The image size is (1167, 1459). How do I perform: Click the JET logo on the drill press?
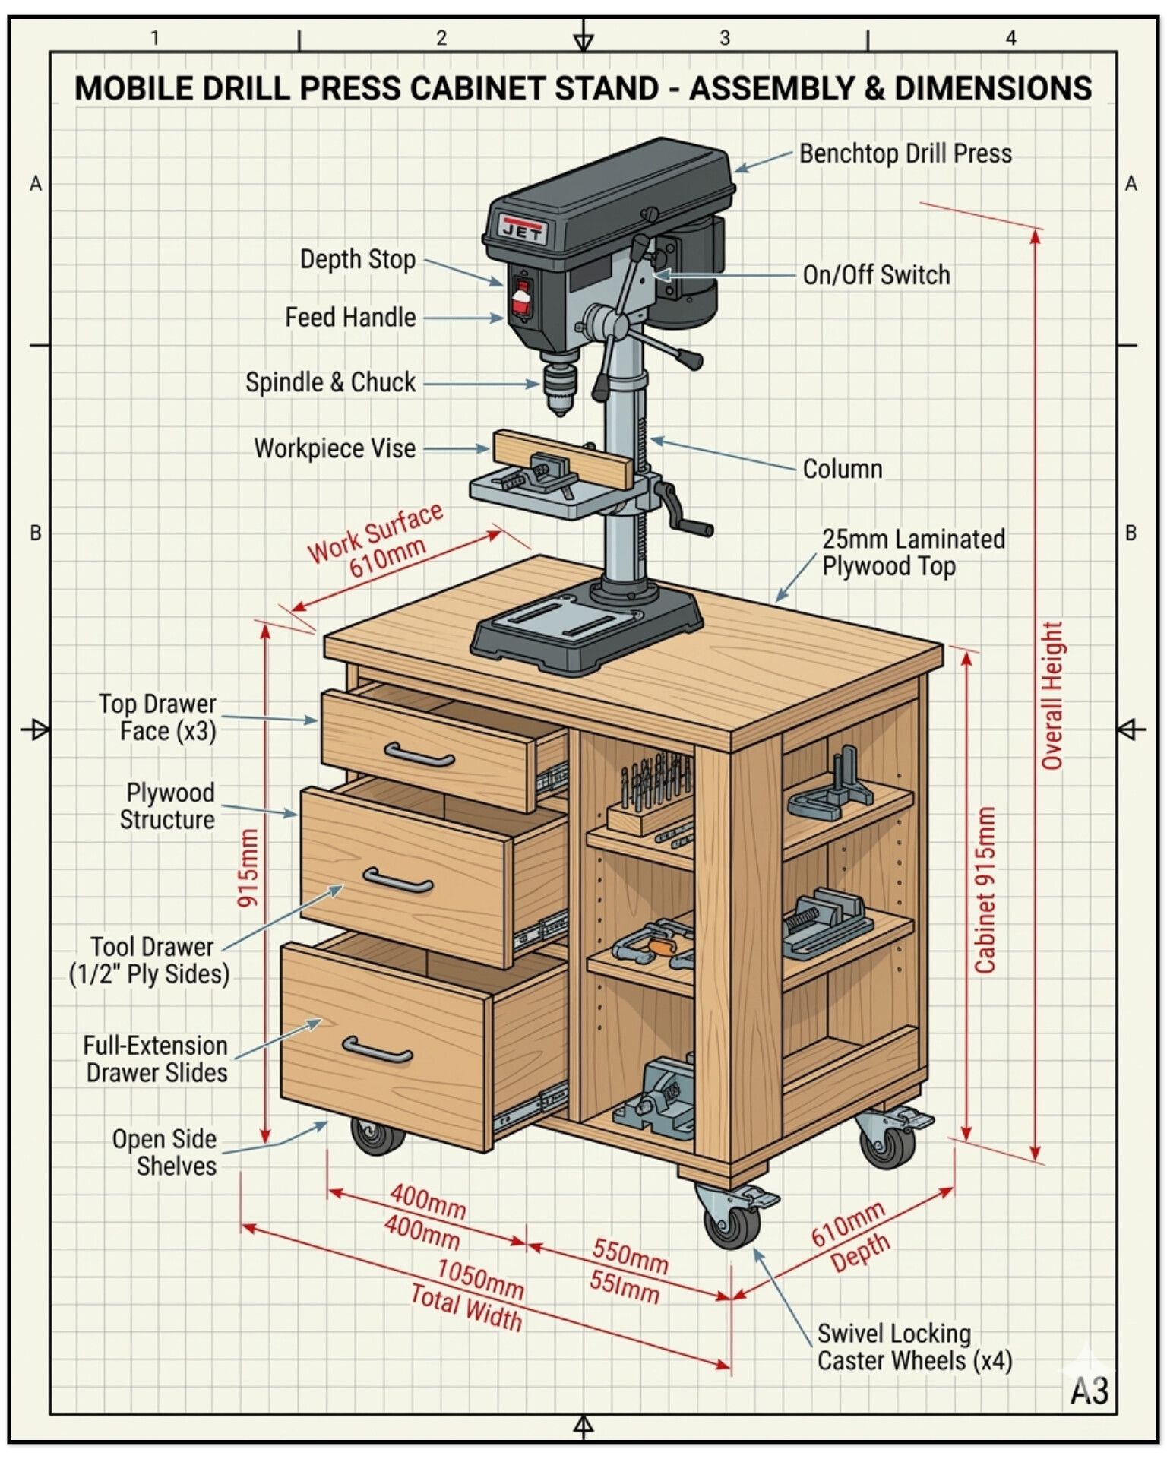(x=523, y=229)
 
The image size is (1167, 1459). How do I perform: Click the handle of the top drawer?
(x=419, y=755)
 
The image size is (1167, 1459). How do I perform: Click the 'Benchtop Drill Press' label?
(x=906, y=153)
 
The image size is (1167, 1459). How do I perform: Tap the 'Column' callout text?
(x=843, y=469)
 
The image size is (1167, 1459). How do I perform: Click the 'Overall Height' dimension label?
(x=1052, y=696)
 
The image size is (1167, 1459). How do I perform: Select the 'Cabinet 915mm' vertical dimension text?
(x=985, y=890)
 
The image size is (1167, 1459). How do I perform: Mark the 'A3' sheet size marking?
(x=1090, y=1391)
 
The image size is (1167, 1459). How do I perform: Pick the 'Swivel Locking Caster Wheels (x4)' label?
(x=915, y=1347)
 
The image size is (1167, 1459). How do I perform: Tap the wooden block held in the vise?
(x=563, y=459)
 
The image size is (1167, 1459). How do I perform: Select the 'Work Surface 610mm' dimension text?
(x=375, y=540)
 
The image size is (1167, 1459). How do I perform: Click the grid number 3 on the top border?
(x=725, y=38)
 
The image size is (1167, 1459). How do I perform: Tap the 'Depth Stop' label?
(x=358, y=259)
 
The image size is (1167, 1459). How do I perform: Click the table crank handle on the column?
(x=683, y=509)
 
